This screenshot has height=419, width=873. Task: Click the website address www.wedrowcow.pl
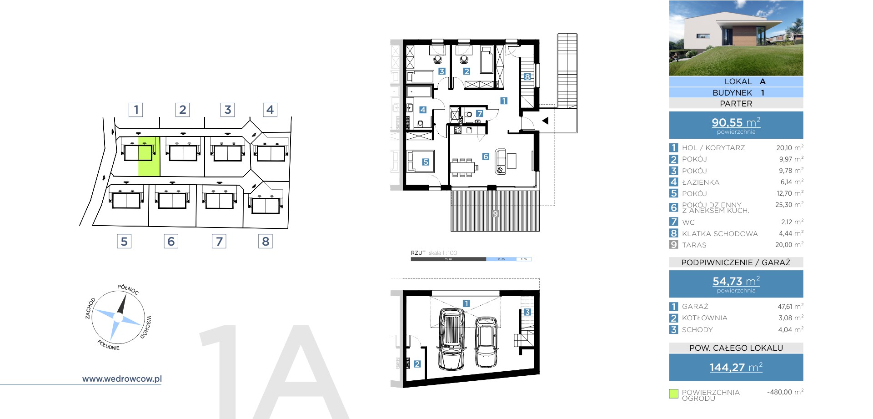pyautogui.click(x=122, y=379)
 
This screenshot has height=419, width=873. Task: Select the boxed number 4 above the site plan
pyautogui.click(x=270, y=110)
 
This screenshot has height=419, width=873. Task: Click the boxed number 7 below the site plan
pyautogui.click(x=219, y=241)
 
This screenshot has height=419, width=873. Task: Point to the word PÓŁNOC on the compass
pyautogui.click(x=128, y=289)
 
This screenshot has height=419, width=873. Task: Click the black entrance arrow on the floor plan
pyautogui.click(x=545, y=121)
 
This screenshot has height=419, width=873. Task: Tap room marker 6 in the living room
pyautogui.click(x=486, y=156)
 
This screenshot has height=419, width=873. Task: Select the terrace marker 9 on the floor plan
pyautogui.click(x=495, y=213)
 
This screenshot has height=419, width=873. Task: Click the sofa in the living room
pyautogui.click(x=500, y=162)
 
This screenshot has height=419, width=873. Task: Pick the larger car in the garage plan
pyautogui.click(x=451, y=339)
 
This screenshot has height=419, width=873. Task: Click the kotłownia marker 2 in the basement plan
pyautogui.click(x=417, y=364)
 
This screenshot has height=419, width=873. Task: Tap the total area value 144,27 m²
pyautogui.click(x=736, y=367)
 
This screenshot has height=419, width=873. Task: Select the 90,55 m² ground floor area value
pyautogui.click(x=736, y=122)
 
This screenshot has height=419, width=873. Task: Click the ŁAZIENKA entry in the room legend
pyautogui.click(x=701, y=182)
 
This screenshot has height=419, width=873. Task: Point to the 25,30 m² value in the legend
pyautogui.click(x=789, y=205)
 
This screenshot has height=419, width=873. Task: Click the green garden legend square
pyautogui.click(x=674, y=394)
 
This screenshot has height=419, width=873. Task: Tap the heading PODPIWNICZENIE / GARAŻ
pyautogui.click(x=736, y=263)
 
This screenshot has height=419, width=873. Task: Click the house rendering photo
pyautogui.click(x=736, y=38)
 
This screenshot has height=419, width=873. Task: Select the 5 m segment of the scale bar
pyautogui.click(x=448, y=259)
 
